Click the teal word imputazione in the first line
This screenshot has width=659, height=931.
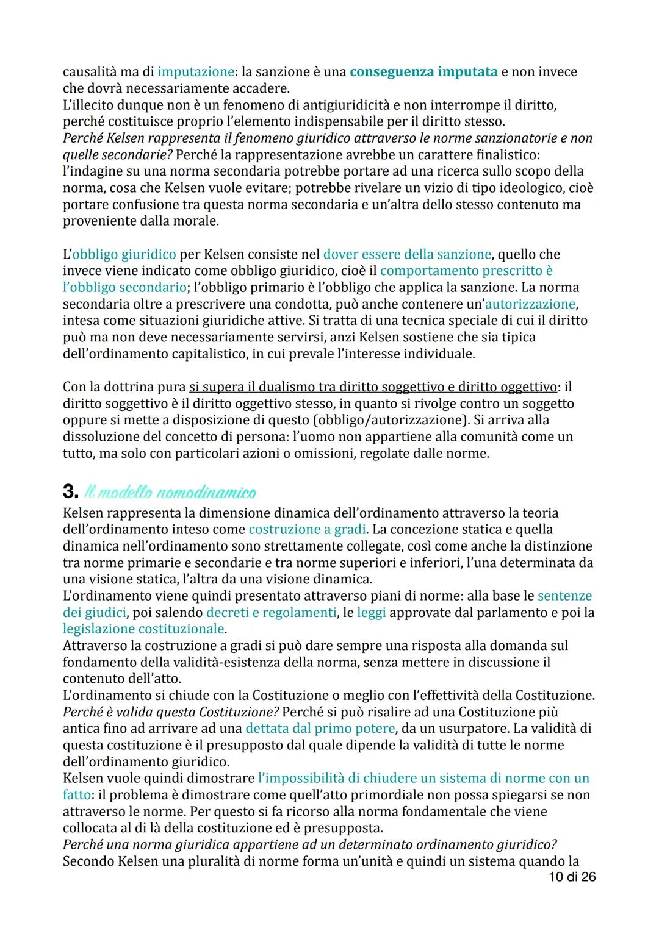(196, 72)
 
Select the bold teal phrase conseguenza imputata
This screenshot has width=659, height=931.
(423, 72)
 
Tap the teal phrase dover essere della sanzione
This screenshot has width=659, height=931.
(407, 254)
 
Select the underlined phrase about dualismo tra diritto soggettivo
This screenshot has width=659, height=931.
(373, 387)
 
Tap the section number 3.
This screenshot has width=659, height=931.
(70, 491)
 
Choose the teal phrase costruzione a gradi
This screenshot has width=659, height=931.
(307, 529)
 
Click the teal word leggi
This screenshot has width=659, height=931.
(371, 612)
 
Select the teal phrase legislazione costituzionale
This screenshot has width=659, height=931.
(143, 629)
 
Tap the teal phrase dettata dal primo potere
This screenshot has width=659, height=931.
(320, 728)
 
